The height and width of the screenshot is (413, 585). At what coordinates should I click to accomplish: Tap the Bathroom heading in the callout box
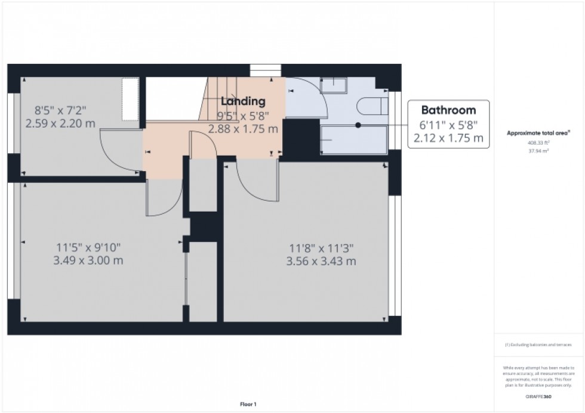click(448, 110)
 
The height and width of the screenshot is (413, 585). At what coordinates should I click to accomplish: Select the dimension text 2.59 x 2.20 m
click(60, 123)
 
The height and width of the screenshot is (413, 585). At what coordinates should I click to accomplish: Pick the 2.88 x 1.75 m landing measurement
click(243, 128)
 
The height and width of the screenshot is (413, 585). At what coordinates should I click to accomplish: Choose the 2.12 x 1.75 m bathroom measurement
click(448, 138)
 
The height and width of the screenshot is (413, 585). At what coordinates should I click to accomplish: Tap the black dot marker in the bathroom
click(358, 125)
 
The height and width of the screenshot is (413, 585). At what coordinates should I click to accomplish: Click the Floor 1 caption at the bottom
click(248, 405)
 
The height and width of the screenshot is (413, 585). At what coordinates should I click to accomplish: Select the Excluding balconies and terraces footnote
click(538, 345)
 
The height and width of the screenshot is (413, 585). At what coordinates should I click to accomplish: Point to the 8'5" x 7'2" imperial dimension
click(60, 110)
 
